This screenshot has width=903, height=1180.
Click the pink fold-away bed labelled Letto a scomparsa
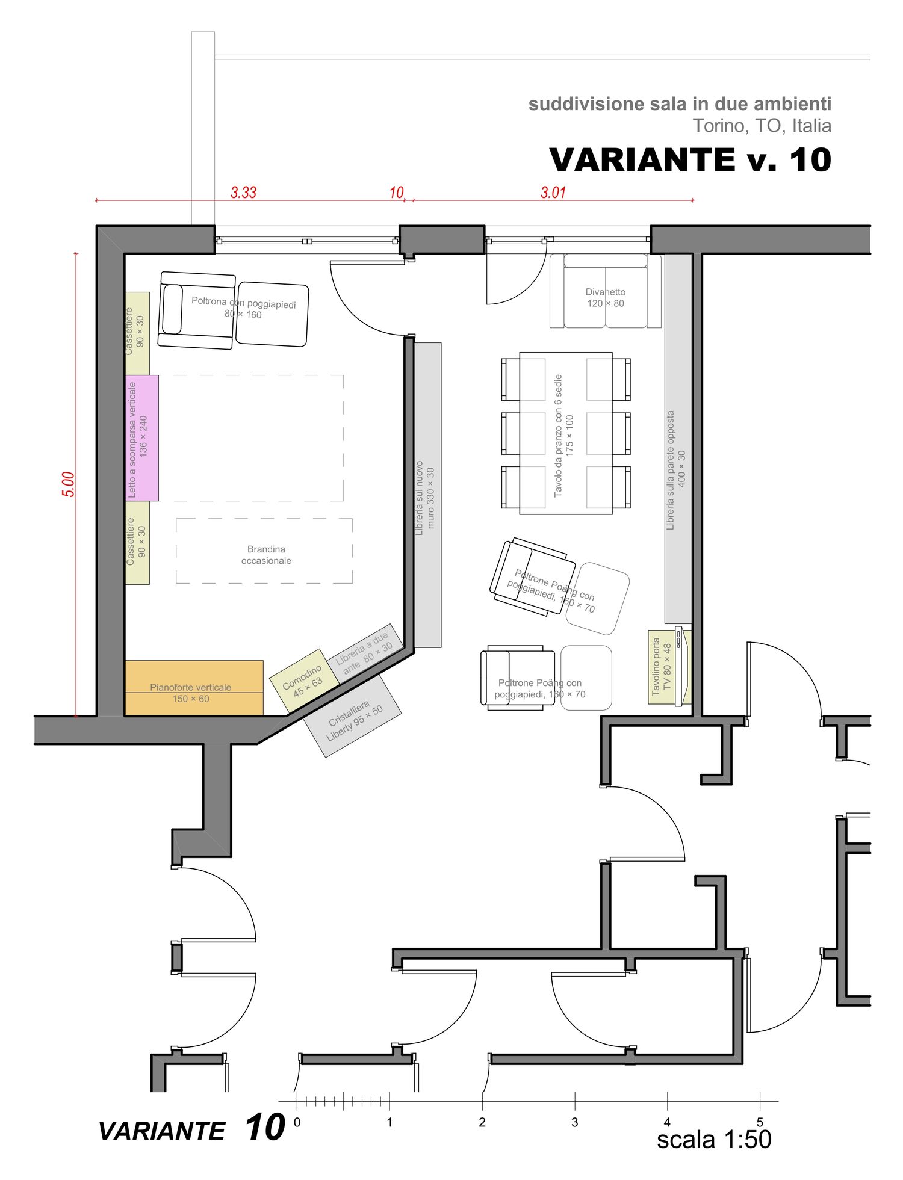coord(142,438)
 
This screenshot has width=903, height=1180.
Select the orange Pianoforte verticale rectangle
coord(194,688)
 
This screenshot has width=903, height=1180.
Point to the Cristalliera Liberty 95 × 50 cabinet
coord(352,715)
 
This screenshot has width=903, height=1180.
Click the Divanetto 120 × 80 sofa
coord(605,291)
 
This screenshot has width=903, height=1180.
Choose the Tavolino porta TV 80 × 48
coord(669,667)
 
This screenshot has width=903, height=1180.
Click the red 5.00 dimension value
coord(69,484)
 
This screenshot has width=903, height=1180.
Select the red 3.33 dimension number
coord(244,193)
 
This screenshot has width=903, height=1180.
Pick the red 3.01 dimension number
coord(553,193)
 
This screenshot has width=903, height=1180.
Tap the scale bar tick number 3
coord(575,1122)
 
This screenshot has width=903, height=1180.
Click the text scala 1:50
coord(714,1140)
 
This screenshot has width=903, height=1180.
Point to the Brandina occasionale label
coord(266,555)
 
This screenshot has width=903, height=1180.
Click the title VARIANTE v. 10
coord(690,159)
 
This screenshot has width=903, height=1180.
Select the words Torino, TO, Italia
coord(762,126)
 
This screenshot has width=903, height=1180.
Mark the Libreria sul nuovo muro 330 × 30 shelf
coord(427,495)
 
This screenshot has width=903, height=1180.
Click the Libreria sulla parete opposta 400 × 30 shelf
coord(678,439)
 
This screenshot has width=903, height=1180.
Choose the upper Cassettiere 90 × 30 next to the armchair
coord(137,333)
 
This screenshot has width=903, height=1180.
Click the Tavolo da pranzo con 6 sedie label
coord(559,435)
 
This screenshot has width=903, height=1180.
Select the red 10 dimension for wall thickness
coord(397,193)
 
